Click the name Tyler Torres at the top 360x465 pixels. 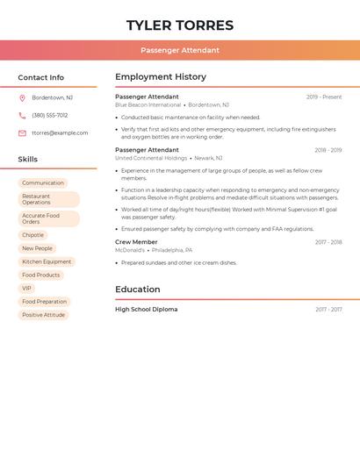pos(180,25)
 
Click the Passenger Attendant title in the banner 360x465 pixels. pos(180,50)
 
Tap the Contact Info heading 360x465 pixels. pos(41,77)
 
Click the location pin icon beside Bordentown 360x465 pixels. pos(22,97)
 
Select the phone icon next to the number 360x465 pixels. pos(22,115)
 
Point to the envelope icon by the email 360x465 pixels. pos(22,133)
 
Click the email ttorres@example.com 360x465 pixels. pos(60,133)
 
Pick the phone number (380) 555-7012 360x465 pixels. pos(50,115)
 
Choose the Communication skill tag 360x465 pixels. pos(43,182)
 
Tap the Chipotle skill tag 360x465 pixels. pos(32,235)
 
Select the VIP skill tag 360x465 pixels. pos(26,288)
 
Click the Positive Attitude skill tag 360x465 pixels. pos(43,314)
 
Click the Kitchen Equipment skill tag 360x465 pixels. pos(47,261)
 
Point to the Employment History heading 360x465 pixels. pos(161,77)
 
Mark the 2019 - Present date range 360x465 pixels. pos(324,97)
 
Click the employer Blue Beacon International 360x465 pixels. pos(148,105)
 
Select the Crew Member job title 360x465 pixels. pos(136,241)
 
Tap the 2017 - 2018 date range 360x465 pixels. pos(328,242)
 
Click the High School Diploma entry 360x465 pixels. pos(146,309)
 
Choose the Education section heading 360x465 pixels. pos(138,289)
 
